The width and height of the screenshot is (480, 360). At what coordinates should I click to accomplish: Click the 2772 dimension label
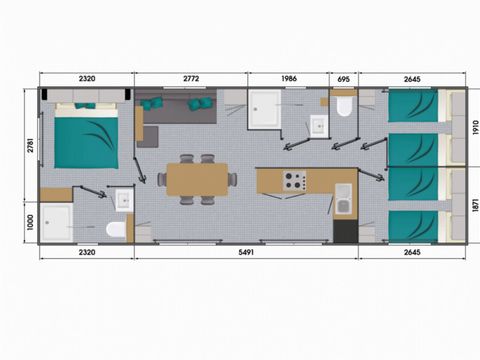[x=191, y=77]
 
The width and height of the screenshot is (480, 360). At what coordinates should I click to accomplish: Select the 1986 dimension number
[x=288, y=77]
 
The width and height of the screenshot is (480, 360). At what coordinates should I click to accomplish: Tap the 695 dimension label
[x=344, y=77]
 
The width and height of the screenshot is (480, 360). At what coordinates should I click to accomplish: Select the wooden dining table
[x=197, y=179]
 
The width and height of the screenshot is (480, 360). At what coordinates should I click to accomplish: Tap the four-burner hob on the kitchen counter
[x=294, y=181]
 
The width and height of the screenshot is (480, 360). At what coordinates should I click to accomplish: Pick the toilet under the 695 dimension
[x=344, y=105]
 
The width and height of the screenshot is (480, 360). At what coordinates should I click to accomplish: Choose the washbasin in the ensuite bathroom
[x=123, y=200]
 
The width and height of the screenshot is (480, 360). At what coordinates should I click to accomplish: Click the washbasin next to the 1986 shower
[x=317, y=125]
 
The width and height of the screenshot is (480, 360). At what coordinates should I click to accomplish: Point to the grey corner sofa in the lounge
[x=170, y=108]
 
